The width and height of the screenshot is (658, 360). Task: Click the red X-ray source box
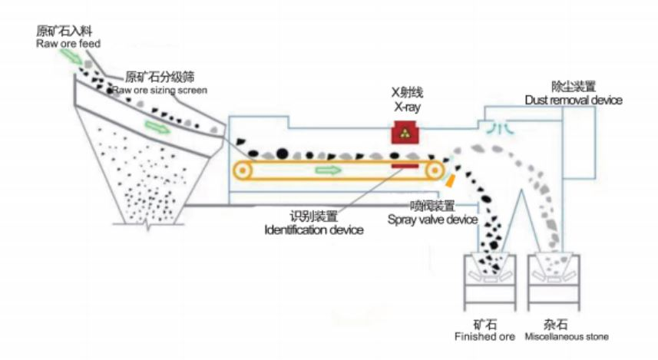pos(405,132)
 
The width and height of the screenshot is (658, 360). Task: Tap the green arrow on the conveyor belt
pos(328,170)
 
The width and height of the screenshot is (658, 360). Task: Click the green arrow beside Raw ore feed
pos(71,56)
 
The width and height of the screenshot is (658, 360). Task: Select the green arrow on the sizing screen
pos(157,127)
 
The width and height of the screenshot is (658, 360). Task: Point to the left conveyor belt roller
pos(243,170)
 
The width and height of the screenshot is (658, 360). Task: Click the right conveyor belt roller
pos(435,170)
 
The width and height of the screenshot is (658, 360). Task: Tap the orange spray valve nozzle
pos(450,180)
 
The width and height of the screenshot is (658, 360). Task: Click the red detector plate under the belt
pos(405,166)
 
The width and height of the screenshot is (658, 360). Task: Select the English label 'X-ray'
pos(407,107)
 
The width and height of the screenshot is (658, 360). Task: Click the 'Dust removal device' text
pos(574,100)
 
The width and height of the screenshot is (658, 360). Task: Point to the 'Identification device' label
pos(314,230)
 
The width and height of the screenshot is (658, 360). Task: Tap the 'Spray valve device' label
pos(432,220)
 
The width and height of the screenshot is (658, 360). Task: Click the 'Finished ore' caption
pos(484,336)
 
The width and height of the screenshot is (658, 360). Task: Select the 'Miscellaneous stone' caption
pos(567,336)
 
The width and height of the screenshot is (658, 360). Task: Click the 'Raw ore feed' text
pos(68,44)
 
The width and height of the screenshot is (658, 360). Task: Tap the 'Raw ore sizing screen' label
pos(160,91)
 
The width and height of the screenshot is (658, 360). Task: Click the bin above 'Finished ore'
pos(490,282)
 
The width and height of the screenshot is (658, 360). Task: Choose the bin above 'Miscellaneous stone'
pos(554,282)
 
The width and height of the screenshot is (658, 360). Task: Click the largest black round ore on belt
pos(283,154)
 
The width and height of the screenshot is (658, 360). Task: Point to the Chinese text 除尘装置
pos(574,87)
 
